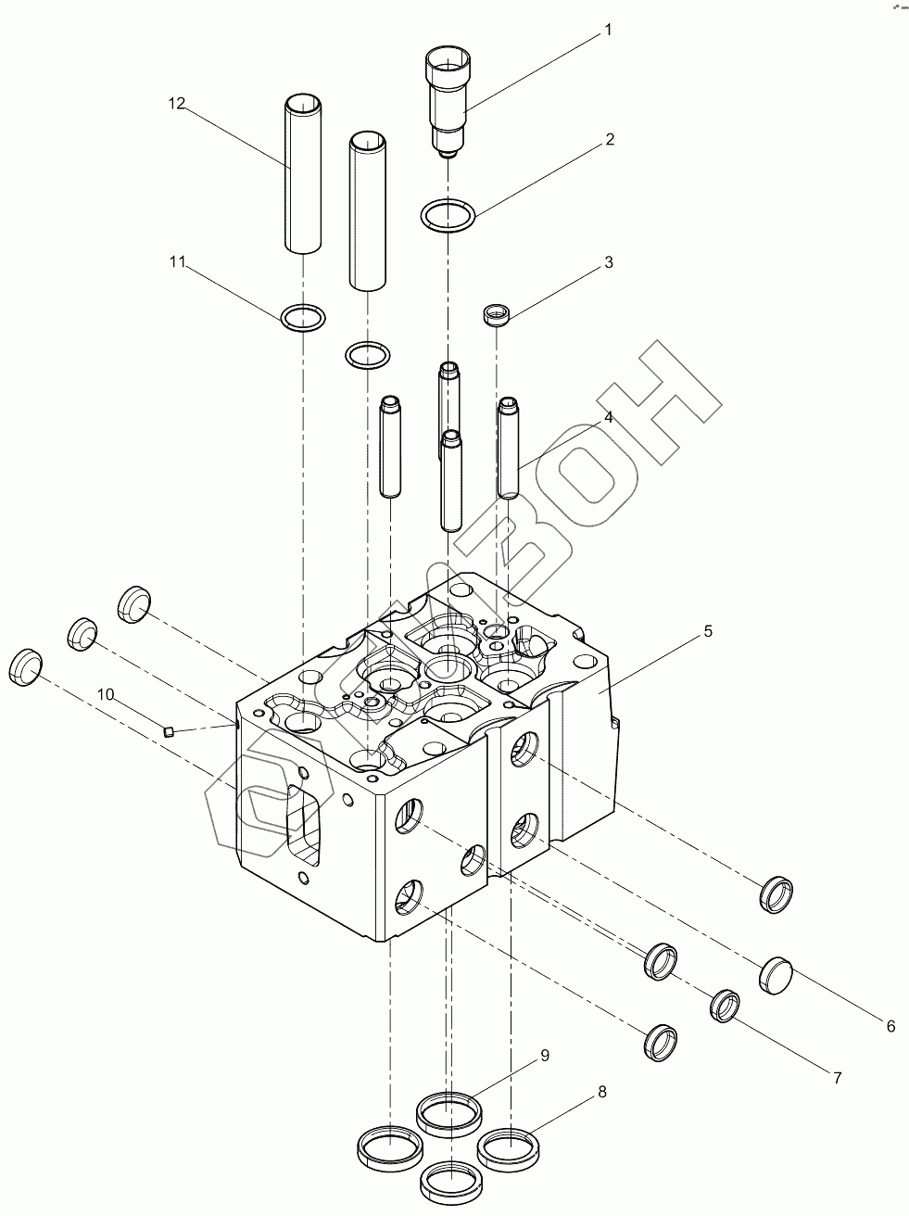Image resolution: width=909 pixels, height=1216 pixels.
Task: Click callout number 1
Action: [608, 30]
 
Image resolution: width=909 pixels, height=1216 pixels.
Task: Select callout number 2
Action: [609, 140]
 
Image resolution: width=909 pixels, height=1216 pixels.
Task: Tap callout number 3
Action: [608, 262]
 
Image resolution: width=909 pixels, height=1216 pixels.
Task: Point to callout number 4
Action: [608, 418]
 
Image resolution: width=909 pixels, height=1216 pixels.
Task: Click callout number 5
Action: [707, 631]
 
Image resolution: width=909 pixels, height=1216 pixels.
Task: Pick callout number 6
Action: [890, 1026]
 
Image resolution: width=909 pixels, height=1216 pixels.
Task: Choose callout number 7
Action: [836, 1078]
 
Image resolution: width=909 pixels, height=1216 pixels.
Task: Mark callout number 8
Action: [601, 1093]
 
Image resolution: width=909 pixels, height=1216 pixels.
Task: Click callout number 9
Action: [545, 1055]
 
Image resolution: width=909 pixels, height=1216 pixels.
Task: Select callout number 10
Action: [107, 694]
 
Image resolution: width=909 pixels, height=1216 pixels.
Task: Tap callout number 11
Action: [177, 263]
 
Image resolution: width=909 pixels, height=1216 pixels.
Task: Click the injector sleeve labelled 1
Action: [448, 97]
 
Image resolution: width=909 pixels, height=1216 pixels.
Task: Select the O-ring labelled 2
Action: [448, 217]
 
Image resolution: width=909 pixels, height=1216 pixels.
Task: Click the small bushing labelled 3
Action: [496, 316]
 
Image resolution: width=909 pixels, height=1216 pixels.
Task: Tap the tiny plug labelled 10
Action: [169, 731]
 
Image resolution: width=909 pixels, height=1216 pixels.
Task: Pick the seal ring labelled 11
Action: [303, 318]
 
